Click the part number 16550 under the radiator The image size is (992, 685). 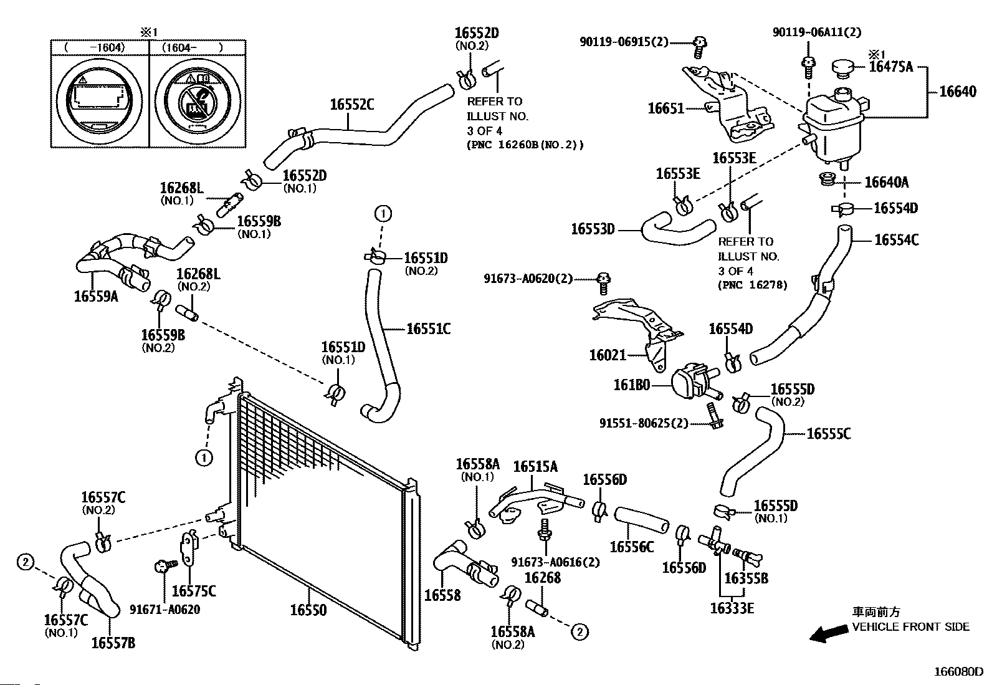coord(308,610)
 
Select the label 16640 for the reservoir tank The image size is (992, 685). coord(958,92)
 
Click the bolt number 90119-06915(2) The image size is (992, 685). coord(624,42)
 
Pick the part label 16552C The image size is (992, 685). coord(352,105)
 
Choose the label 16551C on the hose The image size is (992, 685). coord(428,328)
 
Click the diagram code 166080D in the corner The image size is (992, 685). coord(957,672)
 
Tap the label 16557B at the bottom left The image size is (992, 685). coord(113,643)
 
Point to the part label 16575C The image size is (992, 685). coord(194,590)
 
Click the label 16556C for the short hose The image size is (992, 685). coord(631,547)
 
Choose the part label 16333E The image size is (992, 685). coord(732,607)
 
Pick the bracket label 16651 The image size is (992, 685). coord(665,108)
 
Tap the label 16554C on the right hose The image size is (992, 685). coord(896,240)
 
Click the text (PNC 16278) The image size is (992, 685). coord(753,285)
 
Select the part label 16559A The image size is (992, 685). coord(95,296)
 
